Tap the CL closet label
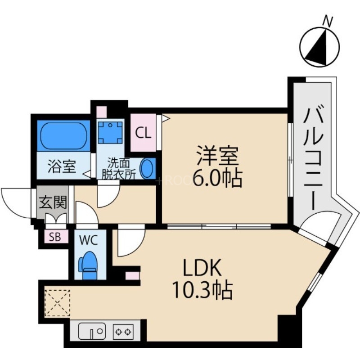click(x=143, y=133)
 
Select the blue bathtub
click(x=63, y=136)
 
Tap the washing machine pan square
click(x=110, y=131)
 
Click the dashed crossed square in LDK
click(x=57, y=302)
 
